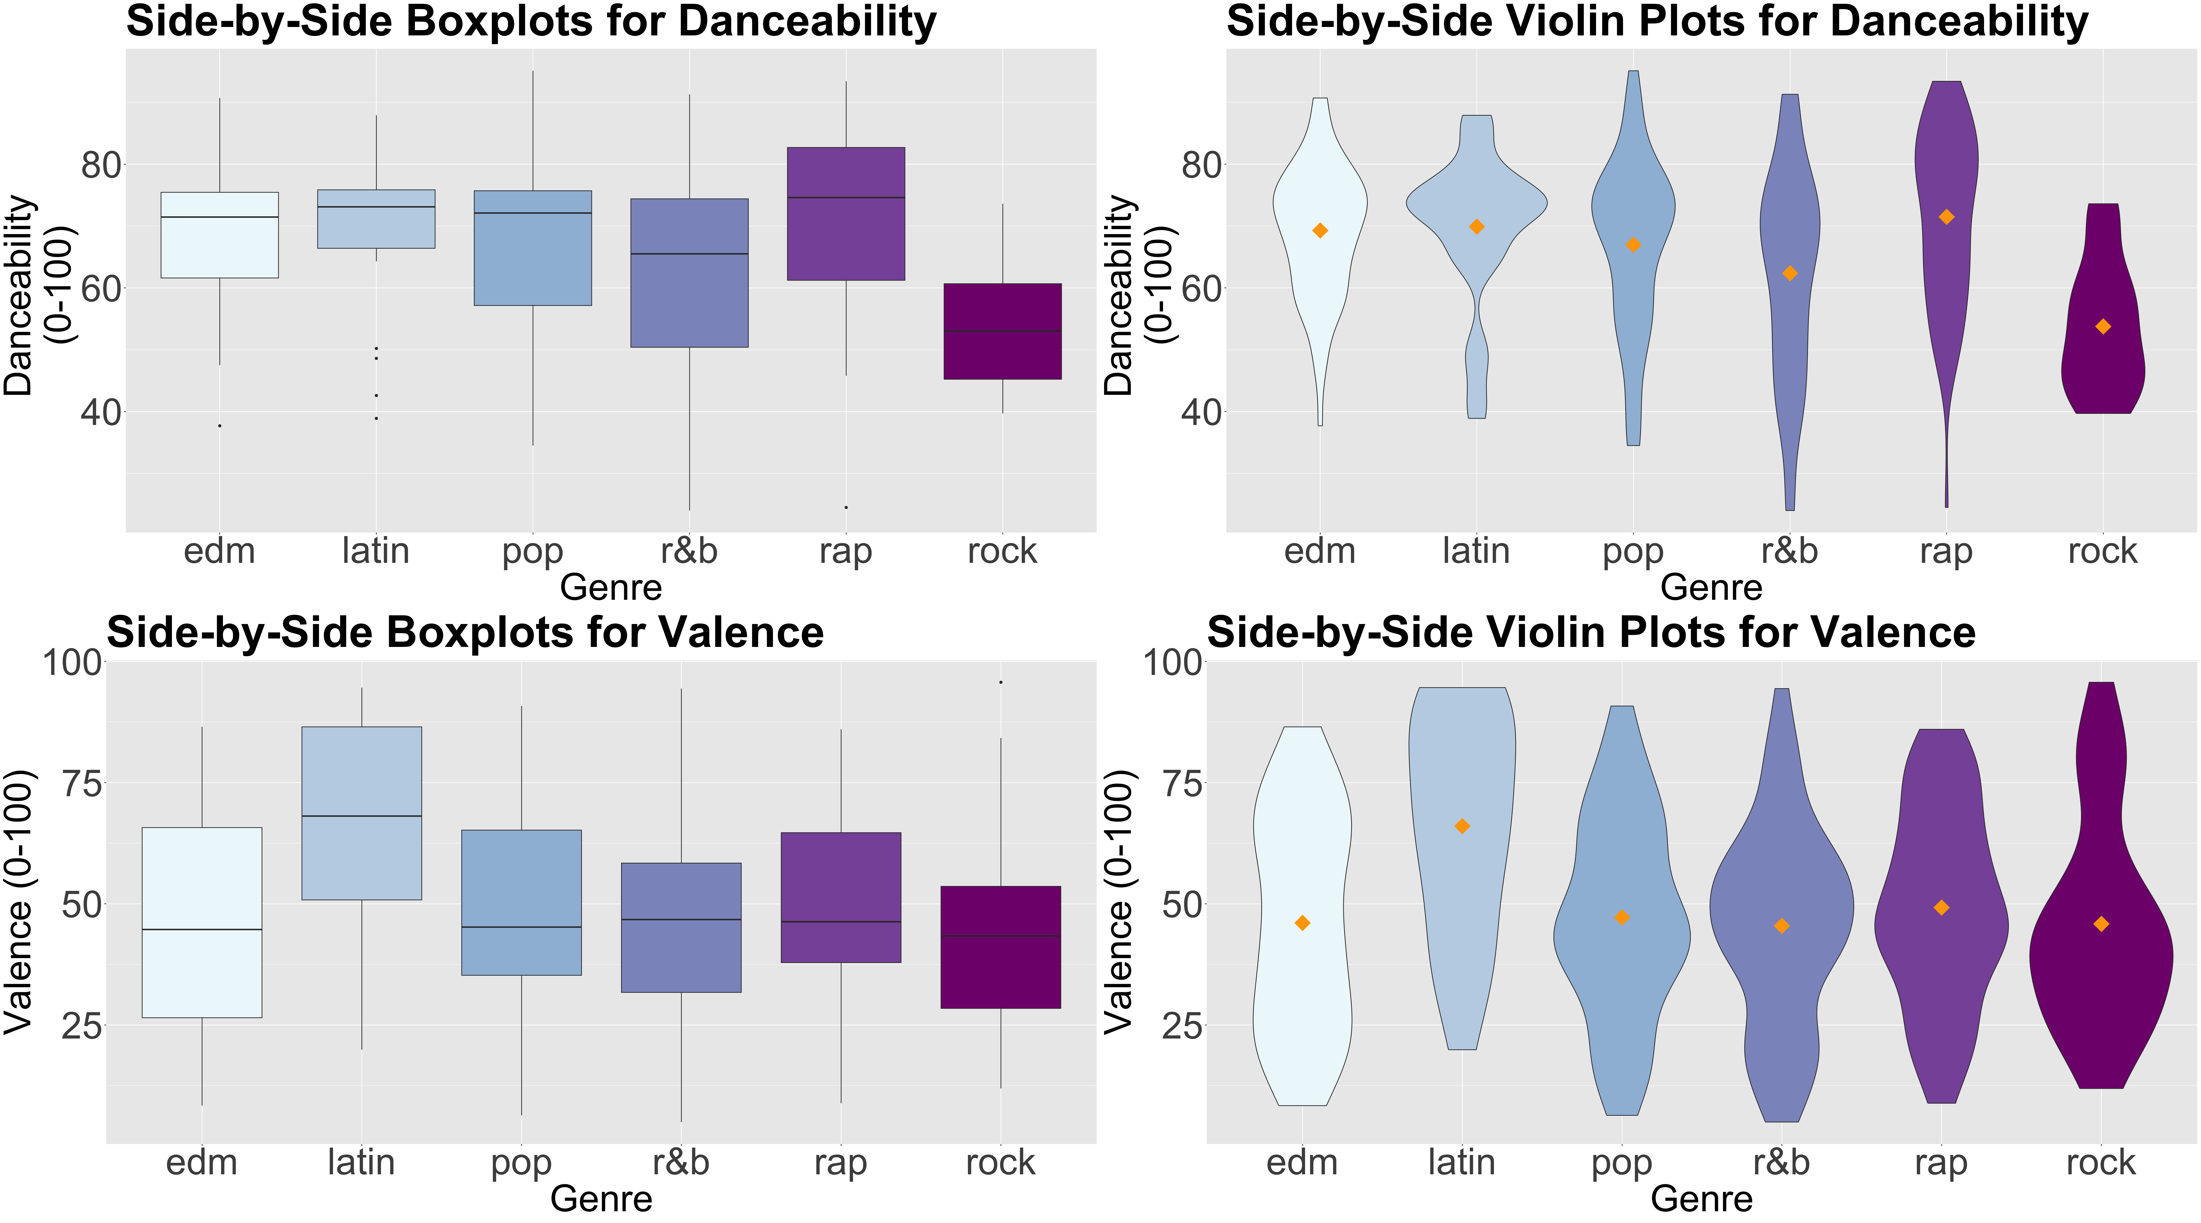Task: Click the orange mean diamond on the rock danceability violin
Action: (2103, 326)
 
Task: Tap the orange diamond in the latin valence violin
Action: (1462, 827)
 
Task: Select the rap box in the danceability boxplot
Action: (846, 214)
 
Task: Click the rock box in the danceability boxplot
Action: (1002, 331)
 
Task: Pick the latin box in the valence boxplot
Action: (361, 813)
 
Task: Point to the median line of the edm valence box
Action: (202, 929)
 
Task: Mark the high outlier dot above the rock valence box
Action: (1001, 682)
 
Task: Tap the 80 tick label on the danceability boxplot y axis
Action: (101, 165)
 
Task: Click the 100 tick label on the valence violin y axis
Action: (1173, 662)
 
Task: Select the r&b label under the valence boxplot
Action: (681, 1162)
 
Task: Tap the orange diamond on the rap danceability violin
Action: (1946, 217)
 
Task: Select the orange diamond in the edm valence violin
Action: (1302, 923)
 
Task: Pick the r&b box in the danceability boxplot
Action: (690, 273)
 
